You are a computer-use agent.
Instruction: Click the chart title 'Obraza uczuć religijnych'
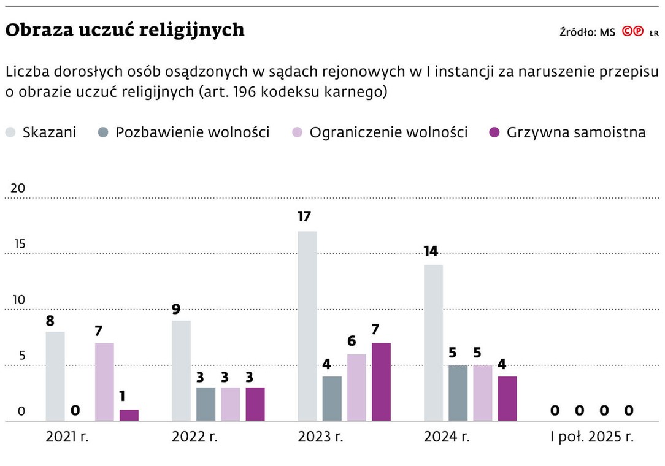(125, 29)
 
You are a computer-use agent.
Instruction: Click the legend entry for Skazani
(42, 132)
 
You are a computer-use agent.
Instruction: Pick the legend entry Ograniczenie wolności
(380, 132)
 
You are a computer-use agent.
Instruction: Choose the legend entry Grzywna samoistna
(567, 132)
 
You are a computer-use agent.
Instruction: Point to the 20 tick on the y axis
(18, 188)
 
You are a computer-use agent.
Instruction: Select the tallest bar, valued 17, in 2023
(307, 326)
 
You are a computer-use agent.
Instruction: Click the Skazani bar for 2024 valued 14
(433, 342)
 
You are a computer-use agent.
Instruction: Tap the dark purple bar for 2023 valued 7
(381, 381)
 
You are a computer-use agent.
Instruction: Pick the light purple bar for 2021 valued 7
(104, 381)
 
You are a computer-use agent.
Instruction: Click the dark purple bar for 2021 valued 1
(129, 415)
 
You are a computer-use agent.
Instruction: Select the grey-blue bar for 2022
(206, 404)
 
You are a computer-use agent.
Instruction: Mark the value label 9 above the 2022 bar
(176, 309)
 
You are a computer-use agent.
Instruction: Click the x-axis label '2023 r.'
(320, 437)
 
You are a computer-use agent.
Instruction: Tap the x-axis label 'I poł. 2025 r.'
(592, 437)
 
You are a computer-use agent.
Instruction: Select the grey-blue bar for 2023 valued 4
(332, 399)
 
